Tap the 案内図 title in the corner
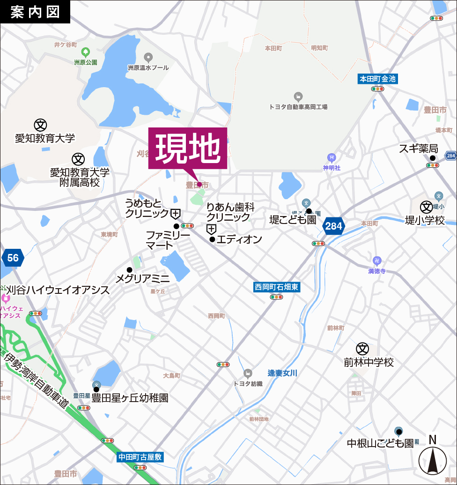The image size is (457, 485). click(35, 12)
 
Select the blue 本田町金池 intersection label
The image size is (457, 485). click(377, 79)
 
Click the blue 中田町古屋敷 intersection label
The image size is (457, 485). click(140, 457)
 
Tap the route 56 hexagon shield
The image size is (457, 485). click(13, 258)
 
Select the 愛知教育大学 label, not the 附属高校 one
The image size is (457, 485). click(45, 138)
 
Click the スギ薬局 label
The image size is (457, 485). click(418, 149)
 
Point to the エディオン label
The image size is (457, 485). click(239, 239)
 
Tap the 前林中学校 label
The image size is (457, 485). click(369, 362)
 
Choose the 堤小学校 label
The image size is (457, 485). click(425, 220)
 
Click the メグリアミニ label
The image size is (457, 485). click(142, 278)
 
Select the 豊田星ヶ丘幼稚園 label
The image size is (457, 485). click(130, 398)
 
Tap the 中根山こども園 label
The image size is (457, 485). click(380, 443)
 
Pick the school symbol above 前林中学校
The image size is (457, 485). click(362, 349)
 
